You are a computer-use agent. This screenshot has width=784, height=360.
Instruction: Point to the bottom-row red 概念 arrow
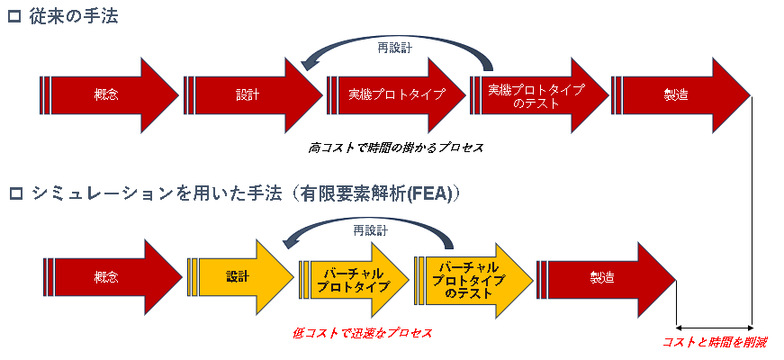pos(113,277)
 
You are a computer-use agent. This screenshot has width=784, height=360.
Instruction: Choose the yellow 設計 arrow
pos(240,277)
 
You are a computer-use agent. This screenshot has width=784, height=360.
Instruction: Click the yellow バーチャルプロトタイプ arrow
pos(354,280)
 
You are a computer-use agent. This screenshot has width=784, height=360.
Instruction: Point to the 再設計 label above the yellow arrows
pos(371,230)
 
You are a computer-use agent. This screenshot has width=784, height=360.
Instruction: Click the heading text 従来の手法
pos(73,17)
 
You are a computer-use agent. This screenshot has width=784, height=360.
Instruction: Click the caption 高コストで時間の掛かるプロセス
pos(395,148)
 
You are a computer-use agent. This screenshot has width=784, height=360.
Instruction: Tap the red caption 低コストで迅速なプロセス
pos(362,332)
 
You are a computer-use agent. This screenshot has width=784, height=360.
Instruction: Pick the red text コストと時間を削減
pos(716,343)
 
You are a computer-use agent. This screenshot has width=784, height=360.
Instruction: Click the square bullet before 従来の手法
pos(15,17)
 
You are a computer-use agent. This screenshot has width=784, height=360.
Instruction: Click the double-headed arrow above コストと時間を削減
pos(714,328)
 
